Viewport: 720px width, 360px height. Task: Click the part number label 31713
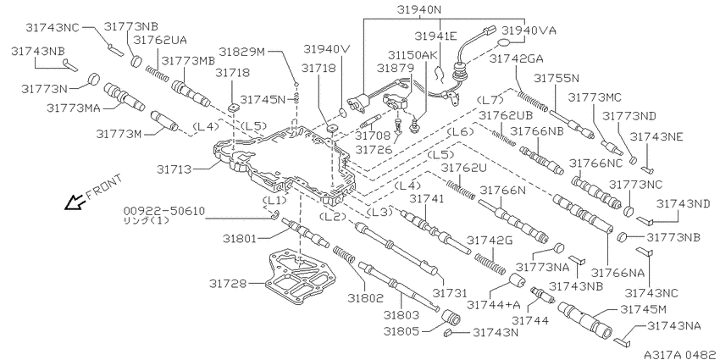pyautogui.click(x=176, y=169)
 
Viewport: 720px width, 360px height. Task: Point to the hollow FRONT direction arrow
pyautogui.click(x=75, y=201)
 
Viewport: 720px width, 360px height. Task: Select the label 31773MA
pyautogui.click(x=75, y=108)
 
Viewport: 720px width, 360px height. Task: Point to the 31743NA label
pyautogui.click(x=673, y=325)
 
